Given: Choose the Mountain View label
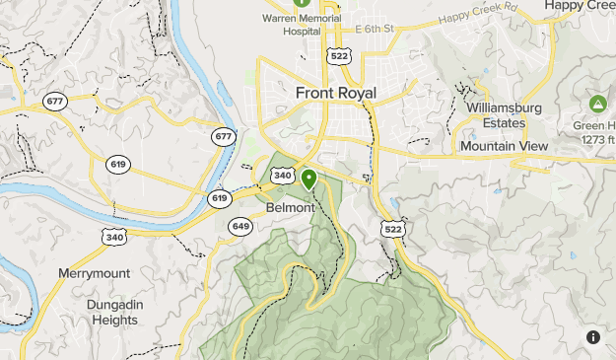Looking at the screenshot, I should (504, 146).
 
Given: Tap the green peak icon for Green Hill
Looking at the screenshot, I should (597, 103).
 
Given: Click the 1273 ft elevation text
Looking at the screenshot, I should (595, 139).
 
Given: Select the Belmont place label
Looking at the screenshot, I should (291, 208).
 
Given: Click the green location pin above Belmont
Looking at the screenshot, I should (308, 180).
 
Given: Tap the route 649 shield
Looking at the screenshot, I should (240, 227).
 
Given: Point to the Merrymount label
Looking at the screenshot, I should (95, 272).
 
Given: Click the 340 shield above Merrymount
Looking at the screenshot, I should (115, 236).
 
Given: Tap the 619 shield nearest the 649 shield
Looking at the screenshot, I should (219, 198).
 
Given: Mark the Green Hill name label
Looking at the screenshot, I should (597, 125).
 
